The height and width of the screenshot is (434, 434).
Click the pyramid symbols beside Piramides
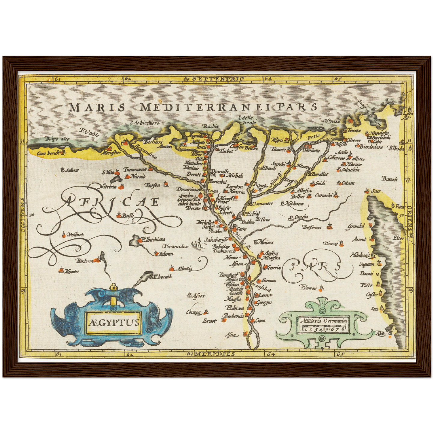(x=197, y=243)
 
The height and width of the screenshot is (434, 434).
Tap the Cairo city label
(x=242, y=229)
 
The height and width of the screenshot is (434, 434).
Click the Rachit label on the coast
(x=211, y=126)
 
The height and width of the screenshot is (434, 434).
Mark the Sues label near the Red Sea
(x=376, y=191)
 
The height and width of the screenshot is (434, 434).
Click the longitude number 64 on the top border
(x=268, y=79)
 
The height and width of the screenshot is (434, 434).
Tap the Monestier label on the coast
(x=111, y=153)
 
